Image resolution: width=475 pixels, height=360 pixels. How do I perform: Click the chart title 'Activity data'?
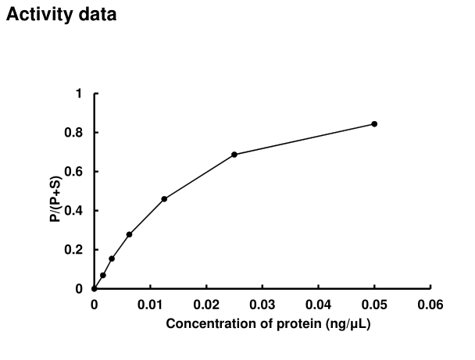(x=62, y=15)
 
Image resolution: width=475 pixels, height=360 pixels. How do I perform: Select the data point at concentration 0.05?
(x=374, y=124)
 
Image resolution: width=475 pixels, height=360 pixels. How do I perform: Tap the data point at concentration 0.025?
(x=234, y=155)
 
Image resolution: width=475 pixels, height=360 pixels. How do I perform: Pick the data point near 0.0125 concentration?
(x=164, y=199)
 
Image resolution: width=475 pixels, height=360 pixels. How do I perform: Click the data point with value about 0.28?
(x=129, y=234)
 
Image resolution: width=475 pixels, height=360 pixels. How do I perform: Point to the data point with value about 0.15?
(x=112, y=258)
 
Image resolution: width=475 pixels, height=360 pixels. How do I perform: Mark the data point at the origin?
(x=95, y=289)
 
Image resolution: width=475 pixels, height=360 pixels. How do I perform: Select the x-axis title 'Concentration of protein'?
(x=267, y=323)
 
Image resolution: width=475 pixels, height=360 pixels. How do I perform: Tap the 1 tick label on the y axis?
(x=78, y=94)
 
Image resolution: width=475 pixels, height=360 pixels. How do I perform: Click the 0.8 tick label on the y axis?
(x=75, y=133)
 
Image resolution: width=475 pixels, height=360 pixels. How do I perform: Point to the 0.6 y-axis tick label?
(x=75, y=172)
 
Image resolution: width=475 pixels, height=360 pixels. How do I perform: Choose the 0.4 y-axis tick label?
(x=75, y=211)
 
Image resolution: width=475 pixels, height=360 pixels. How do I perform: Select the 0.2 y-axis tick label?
(x=75, y=250)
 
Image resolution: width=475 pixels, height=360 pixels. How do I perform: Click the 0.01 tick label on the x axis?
(x=150, y=304)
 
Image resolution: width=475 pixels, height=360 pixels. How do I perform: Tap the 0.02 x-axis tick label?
(x=206, y=304)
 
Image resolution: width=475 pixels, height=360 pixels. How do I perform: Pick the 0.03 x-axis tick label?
(x=262, y=304)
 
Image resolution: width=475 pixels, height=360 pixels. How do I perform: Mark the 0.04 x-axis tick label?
(x=319, y=304)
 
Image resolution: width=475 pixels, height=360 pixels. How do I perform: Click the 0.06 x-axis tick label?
(x=430, y=304)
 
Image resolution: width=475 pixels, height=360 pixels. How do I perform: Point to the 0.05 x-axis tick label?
(x=375, y=304)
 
